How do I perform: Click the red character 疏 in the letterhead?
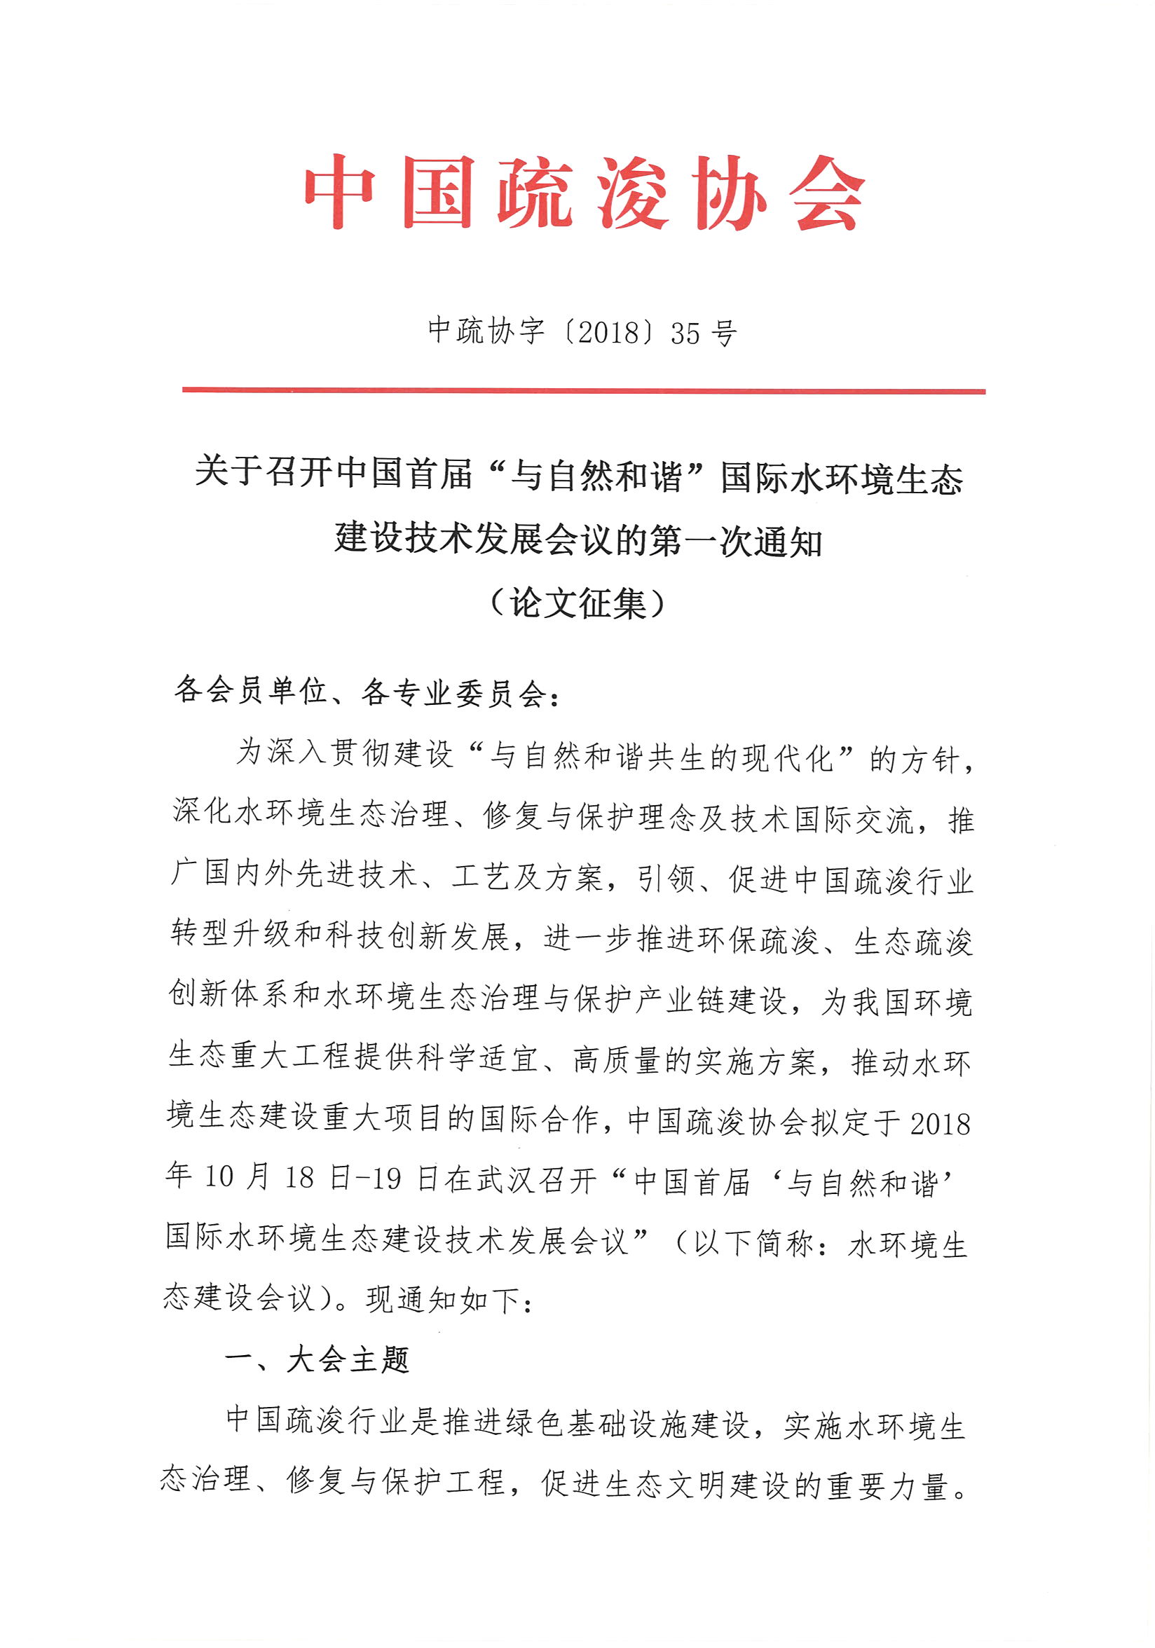coord(535,193)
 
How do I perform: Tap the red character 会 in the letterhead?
coord(827,193)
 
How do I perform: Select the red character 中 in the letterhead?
coord(338,193)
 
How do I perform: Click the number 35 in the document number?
coord(685,333)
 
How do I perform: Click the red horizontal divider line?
coord(583,391)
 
